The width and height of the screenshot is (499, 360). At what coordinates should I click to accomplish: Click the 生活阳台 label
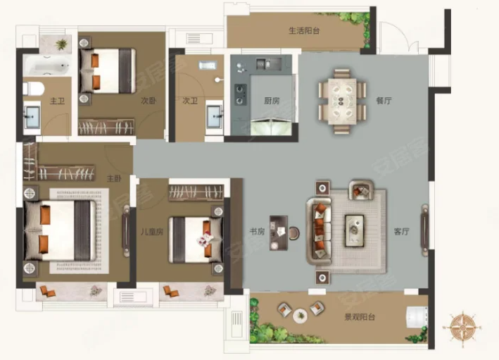(304, 31)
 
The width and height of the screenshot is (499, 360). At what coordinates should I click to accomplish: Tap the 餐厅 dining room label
(384, 101)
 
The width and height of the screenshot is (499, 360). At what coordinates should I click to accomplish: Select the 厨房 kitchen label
(272, 101)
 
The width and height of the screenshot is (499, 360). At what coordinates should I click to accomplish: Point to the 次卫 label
(190, 101)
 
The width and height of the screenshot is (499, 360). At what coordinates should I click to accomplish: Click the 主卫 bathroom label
(57, 101)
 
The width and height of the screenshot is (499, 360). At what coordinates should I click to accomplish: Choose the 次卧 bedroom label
(149, 101)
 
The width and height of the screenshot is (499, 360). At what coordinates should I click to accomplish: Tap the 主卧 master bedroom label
(114, 178)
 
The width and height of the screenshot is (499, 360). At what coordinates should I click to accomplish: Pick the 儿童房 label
(152, 232)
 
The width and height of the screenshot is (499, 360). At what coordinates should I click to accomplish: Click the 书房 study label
(257, 232)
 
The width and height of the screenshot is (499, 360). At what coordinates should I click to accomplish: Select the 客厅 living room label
(401, 232)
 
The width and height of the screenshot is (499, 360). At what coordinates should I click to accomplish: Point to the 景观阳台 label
(360, 317)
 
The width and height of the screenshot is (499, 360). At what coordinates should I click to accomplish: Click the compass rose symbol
(462, 327)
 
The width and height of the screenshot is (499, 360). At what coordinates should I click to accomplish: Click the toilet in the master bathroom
(33, 89)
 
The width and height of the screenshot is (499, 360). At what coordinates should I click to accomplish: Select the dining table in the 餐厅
(342, 101)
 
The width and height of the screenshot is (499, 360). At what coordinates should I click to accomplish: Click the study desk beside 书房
(279, 232)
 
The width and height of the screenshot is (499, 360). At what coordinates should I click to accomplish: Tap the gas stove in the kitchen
(240, 94)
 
